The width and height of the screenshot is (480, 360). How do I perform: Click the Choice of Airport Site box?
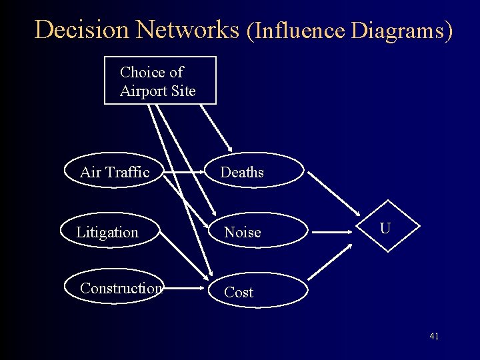pos(160,81)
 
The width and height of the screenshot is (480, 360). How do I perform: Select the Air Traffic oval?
pos(114,172)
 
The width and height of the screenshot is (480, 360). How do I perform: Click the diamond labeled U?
pos(385,229)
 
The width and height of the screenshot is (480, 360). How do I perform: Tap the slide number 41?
pos(434,336)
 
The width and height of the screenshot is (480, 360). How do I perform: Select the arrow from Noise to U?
pos(337,233)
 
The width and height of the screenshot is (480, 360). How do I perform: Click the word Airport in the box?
pos(141,91)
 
